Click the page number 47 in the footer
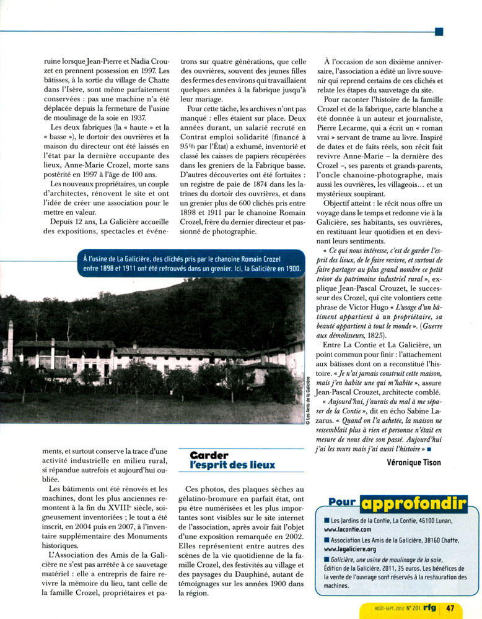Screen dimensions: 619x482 (450, 608)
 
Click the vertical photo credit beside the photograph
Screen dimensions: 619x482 (308, 399)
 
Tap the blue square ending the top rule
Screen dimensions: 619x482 (439, 31)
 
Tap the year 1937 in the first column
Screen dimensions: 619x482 (134, 118)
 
